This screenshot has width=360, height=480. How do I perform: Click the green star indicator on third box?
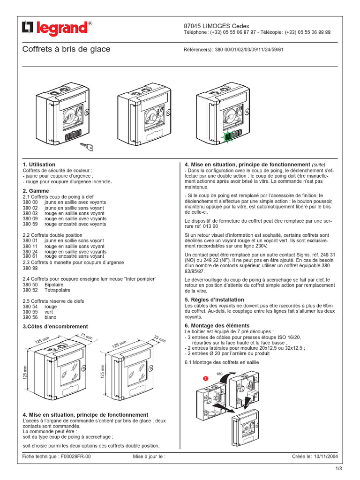[x=228, y=136]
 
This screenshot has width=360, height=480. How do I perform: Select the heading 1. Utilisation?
[x=39, y=165]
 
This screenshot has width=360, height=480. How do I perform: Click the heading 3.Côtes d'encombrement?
[x=55, y=326]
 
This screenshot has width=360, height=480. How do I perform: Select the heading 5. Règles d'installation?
[x=214, y=300]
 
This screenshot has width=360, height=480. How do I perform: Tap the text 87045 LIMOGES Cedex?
[x=216, y=26]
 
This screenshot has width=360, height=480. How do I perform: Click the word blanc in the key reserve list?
[x=50, y=317]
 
